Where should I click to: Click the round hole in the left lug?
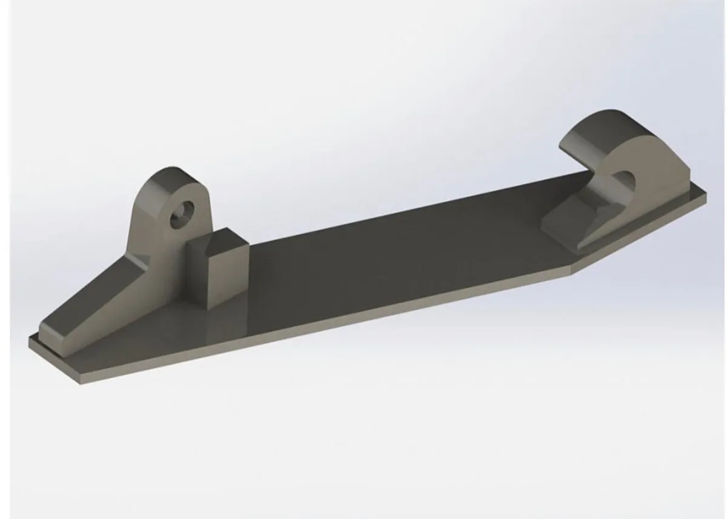[x=181, y=214]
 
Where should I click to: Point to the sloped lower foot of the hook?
[x=576, y=224]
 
